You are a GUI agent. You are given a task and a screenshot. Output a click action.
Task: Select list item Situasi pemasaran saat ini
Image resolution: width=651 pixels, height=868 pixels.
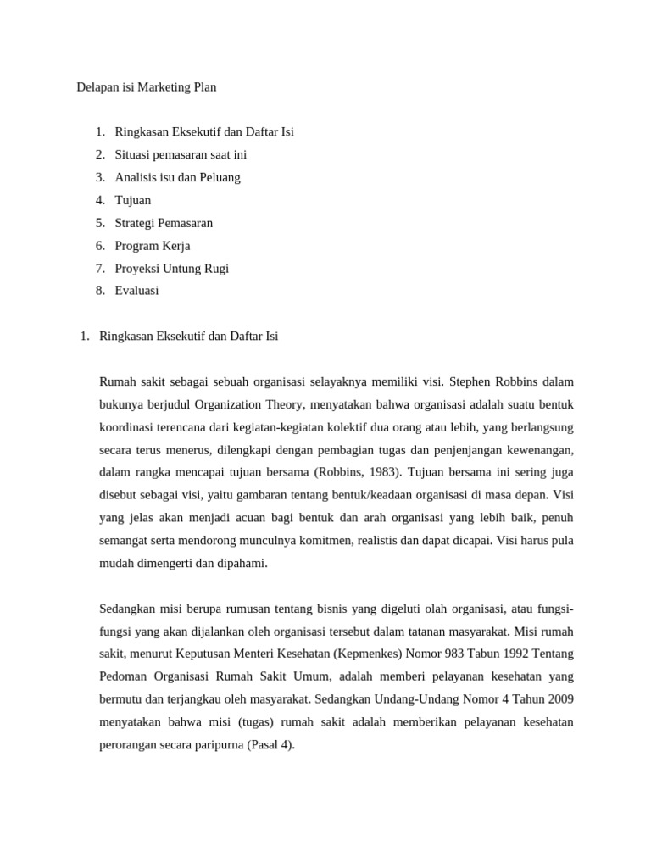click(x=181, y=154)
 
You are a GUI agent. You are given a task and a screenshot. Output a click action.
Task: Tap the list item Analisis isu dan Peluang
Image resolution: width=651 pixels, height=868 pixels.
click(x=177, y=177)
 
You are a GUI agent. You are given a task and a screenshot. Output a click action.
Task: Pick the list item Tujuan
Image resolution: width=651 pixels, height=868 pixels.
click(x=133, y=200)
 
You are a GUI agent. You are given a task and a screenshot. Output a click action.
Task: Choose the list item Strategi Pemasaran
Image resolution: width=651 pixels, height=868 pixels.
click(x=164, y=223)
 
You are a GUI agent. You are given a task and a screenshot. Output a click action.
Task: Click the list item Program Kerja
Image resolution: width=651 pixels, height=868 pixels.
click(x=153, y=246)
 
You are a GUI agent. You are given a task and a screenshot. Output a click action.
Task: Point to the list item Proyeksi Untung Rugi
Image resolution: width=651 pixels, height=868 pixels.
click(x=172, y=269)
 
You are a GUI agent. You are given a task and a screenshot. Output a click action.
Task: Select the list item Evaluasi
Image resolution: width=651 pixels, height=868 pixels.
click(x=136, y=291)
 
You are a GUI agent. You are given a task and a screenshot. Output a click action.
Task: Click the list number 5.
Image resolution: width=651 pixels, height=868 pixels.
click(x=100, y=223)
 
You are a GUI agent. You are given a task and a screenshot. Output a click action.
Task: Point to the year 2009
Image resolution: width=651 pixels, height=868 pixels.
click(x=557, y=700)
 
